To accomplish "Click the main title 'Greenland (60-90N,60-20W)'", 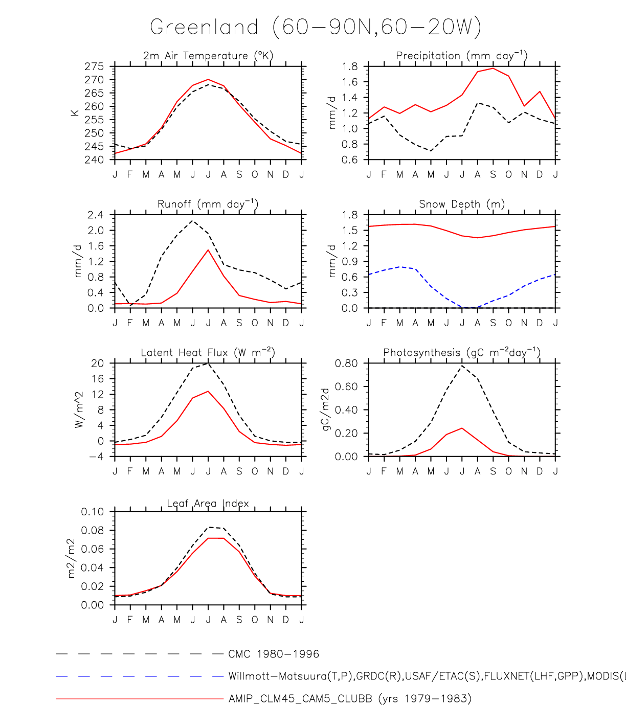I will click(x=316, y=27).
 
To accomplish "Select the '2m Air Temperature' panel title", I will click(x=208, y=56).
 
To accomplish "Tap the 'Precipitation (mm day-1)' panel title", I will click(x=461, y=55).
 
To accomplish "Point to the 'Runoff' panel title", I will click(x=208, y=204).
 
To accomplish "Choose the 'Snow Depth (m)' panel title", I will click(x=461, y=204).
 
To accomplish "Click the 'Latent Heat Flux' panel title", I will click(x=208, y=352).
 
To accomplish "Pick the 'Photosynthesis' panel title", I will click(x=461, y=352).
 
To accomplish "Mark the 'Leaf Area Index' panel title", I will click(x=208, y=504).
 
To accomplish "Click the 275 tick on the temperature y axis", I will click(x=94, y=66).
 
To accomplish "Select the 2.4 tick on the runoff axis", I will click(x=95, y=215).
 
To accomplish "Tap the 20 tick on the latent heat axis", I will click(x=97, y=363).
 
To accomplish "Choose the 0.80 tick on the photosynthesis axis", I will click(x=346, y=363).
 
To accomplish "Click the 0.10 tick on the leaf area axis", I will click(x=92, y=512).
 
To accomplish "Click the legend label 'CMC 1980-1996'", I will click(x=274, y=654).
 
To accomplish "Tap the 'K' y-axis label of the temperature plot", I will click(x=75, y=112).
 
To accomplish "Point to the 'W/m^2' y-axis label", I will click(x=79, y=410).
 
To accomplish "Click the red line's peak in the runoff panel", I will click(x=208, y=250).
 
